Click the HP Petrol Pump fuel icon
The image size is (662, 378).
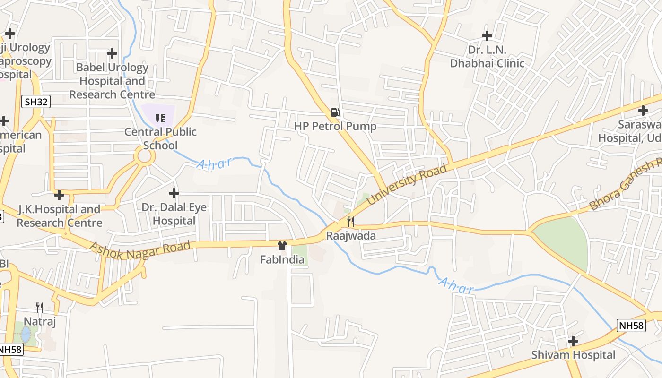[x=335, y=112]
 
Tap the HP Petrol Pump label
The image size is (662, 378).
[x=335, y=126]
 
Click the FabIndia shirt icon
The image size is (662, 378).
[x=282, y=245]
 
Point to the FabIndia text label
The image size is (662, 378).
[x=282, y=259]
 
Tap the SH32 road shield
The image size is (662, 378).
[x=36, y=101]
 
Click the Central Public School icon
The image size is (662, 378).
[x=160, y=118]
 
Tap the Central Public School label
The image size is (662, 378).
[x=160, y=138]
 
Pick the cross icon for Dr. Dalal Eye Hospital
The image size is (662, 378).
[x=174, y=193]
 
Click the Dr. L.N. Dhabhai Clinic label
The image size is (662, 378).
[x=487, y=57]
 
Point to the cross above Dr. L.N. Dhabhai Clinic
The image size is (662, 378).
[x=487, y=35]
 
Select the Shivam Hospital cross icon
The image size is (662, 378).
[x=573, y=341]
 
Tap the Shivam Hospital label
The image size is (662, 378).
[x=573, y=355]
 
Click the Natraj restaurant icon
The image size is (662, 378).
[x=40, y=308]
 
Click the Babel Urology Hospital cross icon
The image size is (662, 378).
[x=112, y=53]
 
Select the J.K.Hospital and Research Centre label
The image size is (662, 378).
[x=59, y=216]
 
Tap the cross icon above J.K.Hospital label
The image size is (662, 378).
[x=59, y=195]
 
